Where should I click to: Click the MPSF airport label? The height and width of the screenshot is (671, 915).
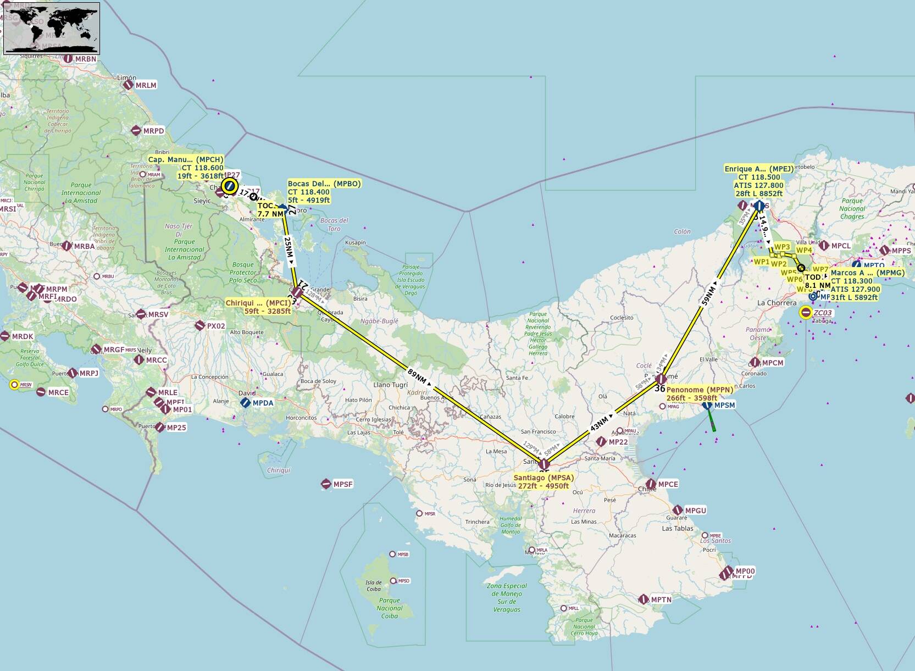coord(343,484)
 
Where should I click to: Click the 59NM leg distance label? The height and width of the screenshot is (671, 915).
coord(709,295)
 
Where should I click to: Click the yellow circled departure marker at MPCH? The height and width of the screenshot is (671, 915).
coord(230,186)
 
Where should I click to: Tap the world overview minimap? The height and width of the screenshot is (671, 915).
coord(52,29)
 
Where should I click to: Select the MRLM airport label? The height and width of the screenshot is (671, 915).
coord(146,85)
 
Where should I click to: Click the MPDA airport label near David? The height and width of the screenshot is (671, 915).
coord(263,403)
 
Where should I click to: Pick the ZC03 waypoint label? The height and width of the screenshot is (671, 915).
coord(823,313)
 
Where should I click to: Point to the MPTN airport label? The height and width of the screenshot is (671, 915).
coord(661,600)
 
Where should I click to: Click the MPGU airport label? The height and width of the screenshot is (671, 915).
coord(695,511)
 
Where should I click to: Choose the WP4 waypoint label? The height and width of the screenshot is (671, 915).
coord(804,250)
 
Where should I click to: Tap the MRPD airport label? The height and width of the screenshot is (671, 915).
coord(153,131)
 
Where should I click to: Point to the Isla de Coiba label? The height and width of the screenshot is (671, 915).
coord(374,586)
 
